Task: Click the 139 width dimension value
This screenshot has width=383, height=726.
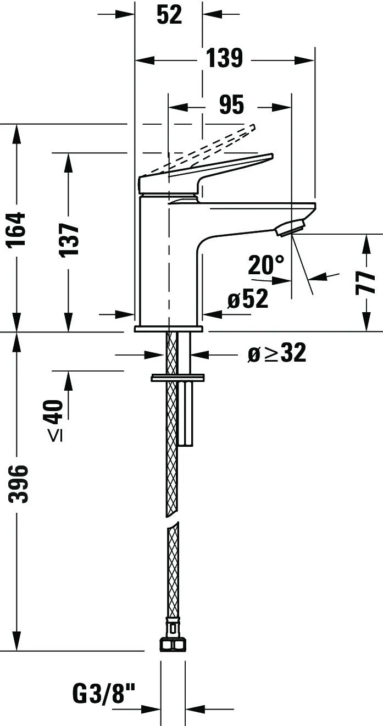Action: click(225, 59)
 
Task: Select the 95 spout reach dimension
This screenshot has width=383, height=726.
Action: click(231, 105)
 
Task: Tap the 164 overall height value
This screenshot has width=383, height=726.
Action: click(16, 229)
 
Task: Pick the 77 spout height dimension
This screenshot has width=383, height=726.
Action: click(365, 283)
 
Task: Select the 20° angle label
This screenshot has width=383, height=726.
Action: click(266, 264)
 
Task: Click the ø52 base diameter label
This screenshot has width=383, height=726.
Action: click(248, 298)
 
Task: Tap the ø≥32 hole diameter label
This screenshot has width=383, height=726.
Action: click(277, 353)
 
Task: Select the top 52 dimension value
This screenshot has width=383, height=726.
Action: click(169, 15)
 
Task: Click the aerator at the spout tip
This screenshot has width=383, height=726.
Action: click(290, 228)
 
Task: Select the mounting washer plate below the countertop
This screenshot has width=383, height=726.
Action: click(177, 378)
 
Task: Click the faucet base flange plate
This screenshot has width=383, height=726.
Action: click(169, 329)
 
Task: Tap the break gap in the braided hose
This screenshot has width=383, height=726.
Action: click(173, 519)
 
